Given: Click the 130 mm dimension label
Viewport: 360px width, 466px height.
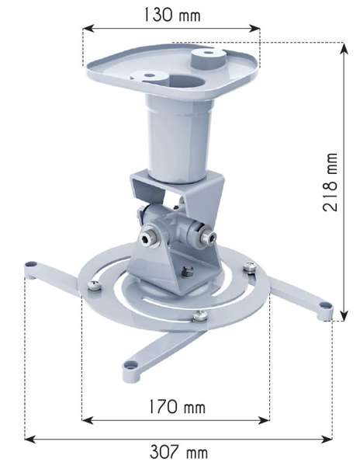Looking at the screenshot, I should [x=170, y=13].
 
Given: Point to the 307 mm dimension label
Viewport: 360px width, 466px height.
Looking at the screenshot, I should [x=179, y=453].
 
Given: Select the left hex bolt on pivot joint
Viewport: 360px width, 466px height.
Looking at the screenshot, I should [x=145, y=233].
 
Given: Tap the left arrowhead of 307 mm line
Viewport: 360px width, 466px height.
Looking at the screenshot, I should [x=29, y=439].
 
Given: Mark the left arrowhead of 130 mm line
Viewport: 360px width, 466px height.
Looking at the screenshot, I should [x=87, y=29].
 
